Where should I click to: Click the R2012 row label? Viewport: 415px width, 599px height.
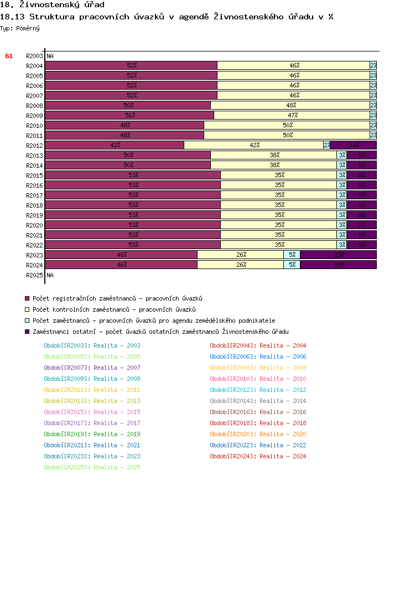point(34,146)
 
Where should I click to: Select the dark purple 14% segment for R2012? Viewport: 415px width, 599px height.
point(353,145)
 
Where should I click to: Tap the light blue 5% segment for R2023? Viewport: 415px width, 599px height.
point(292,255)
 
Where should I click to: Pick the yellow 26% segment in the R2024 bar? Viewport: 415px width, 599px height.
point(240,265)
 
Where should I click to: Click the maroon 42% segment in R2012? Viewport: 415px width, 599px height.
point(115,145)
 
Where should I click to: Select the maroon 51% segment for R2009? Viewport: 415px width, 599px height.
point(129,115)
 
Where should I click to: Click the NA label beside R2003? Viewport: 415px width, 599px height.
point(50,56)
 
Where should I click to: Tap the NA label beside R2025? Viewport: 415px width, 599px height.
point(50,275)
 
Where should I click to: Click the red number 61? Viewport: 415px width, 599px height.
point(9,56)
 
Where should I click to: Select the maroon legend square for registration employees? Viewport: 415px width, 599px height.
point(27,299)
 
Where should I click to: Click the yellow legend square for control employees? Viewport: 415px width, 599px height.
point(27,310)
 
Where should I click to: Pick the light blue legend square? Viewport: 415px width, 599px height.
point(27,321)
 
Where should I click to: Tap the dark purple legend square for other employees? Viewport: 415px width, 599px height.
point(27,332)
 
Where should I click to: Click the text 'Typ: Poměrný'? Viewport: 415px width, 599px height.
point(20,28)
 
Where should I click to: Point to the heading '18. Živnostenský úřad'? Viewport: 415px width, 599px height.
point(52,5)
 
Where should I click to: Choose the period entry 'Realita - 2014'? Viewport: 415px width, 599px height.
point(258,401)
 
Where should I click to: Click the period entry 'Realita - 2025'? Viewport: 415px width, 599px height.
point(92,467)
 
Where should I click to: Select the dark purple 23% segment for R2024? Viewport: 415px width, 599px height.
point(338,265)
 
